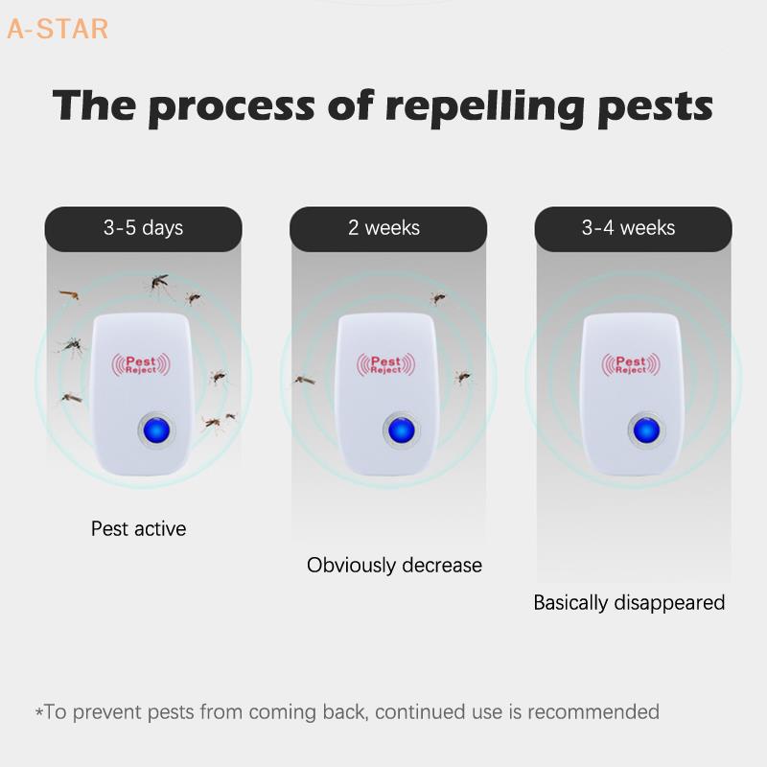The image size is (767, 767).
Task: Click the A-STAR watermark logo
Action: (58, 30)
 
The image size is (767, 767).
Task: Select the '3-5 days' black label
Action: (143, 228)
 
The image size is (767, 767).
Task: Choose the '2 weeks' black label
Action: (383, 228)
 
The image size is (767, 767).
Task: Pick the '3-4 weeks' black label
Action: (628, 228)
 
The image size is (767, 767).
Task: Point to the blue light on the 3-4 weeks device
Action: (641, 430)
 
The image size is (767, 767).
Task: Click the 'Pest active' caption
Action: (139, 528)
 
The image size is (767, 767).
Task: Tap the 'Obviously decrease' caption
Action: (394, 566)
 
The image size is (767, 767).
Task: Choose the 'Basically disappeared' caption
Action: (629, 603)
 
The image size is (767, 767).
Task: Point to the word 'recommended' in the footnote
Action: (593, 712)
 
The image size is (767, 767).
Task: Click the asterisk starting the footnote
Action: (39, 712)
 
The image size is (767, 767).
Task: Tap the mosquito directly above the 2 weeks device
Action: (437, 298)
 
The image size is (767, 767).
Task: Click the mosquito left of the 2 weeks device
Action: (305, 380)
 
